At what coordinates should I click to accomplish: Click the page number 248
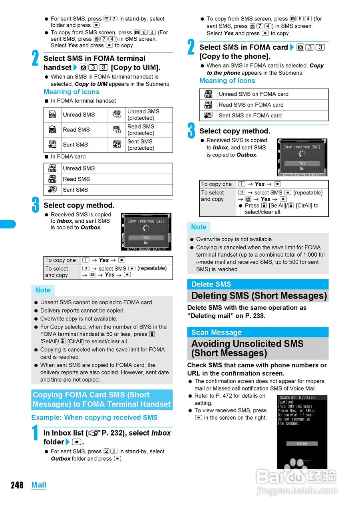[x=17, y=485]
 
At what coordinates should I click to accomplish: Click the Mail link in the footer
[x=39, y=485]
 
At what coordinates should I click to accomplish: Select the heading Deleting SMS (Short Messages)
[x=259, y=296]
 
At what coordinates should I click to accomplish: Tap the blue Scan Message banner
[x=258, y=332]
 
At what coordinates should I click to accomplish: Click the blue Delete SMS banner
[x=258, y=284]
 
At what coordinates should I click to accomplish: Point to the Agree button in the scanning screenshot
[x=302, y=444]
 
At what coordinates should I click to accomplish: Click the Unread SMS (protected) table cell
[x=143, y=115]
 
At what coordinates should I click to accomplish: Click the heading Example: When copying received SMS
[x=94, y=417]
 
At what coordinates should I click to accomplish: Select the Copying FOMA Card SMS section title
[x=102, y=400]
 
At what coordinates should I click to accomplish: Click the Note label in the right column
[x=199, y=227]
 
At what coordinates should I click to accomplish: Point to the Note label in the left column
[x=43, y=290]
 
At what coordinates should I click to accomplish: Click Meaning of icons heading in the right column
[x=227, y=81]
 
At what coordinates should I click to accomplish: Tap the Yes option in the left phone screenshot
[x=146, y=237]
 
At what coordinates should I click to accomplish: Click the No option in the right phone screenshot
[x=302, y=169]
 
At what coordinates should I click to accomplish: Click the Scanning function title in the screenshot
[x=297, y=398]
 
